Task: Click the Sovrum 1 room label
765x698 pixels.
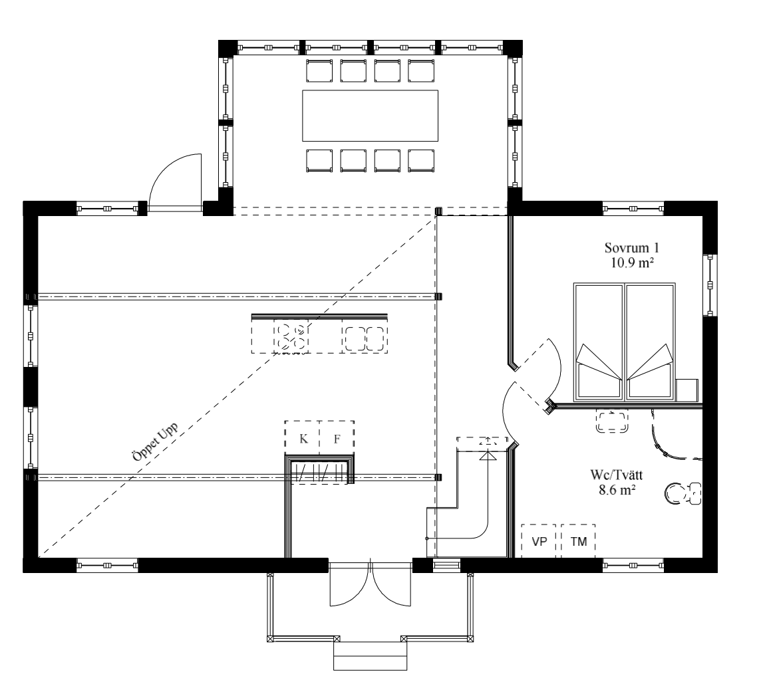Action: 632,248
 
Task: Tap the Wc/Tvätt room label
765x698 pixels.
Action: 617,475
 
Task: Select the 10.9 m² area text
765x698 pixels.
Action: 632,263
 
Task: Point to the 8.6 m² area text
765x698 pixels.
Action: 617,490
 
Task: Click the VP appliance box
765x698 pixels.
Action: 539,540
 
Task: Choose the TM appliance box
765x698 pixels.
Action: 578,540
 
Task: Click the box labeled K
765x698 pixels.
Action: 303,437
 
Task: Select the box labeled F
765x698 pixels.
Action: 337,437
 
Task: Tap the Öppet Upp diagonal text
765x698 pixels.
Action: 155,441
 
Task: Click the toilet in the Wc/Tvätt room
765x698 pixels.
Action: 683,493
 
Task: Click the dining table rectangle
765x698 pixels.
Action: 370,116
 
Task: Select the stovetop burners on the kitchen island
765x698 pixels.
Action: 291,336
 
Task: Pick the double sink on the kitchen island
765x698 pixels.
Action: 365,338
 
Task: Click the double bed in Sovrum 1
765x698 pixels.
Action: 625,341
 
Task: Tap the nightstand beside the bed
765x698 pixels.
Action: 687,390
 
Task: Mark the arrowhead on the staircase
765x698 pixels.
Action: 488,456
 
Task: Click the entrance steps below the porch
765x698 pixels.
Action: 370,655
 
